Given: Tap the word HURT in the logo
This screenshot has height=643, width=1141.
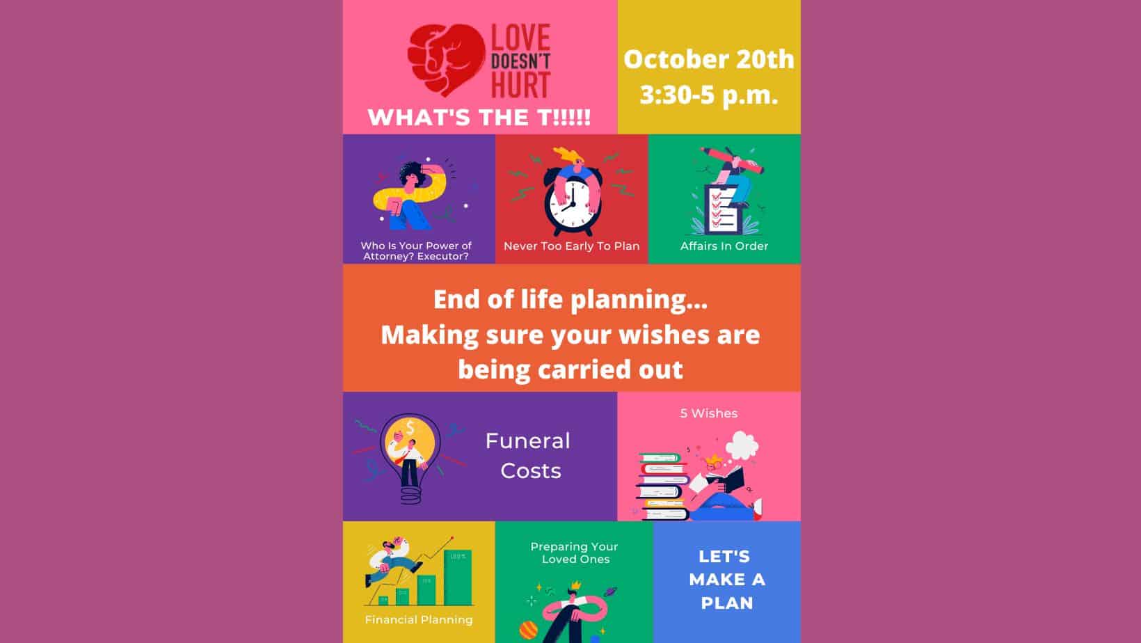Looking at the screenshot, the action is pyautogui.click(x=520, y=85).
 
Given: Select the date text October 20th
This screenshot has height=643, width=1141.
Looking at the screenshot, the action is pyautogui.click(x=708, y=59).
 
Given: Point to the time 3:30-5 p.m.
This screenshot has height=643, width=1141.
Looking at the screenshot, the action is pyautogui.click(x=708, y=95).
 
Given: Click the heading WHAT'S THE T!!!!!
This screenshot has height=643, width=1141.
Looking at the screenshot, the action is pyautogui.click(x=479, y=118).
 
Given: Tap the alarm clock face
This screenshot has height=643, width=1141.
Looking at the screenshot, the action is pyautogui.click(x=572, y=203).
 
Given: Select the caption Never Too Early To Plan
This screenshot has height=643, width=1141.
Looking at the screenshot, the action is pyautogui.click(x=571, y=246).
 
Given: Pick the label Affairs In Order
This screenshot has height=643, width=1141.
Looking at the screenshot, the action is pyautogui.click(x=724, y=246).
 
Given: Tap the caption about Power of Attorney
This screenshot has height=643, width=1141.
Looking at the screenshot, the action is pyautogui.click(x=416, y=251).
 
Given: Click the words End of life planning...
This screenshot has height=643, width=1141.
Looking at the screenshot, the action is pyautogui.click(x=570, y=299).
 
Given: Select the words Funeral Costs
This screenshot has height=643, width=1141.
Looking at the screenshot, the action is pyautogui.click(x=528, y=456).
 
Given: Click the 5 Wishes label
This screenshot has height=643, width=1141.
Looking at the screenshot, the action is pyautogui.click(x=708, y=413).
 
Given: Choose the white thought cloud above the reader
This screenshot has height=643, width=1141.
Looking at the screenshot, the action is pyautogui.click(x=742, y=445).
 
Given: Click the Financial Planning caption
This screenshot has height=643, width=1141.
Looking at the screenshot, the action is pyautogui.click(x=419, y=619).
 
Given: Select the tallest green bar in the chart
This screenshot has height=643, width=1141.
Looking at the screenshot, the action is pyautogui.click(x=457, y=578).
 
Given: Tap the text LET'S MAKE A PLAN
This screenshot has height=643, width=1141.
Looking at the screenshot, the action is pyautogui.click(x=727, y=579).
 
